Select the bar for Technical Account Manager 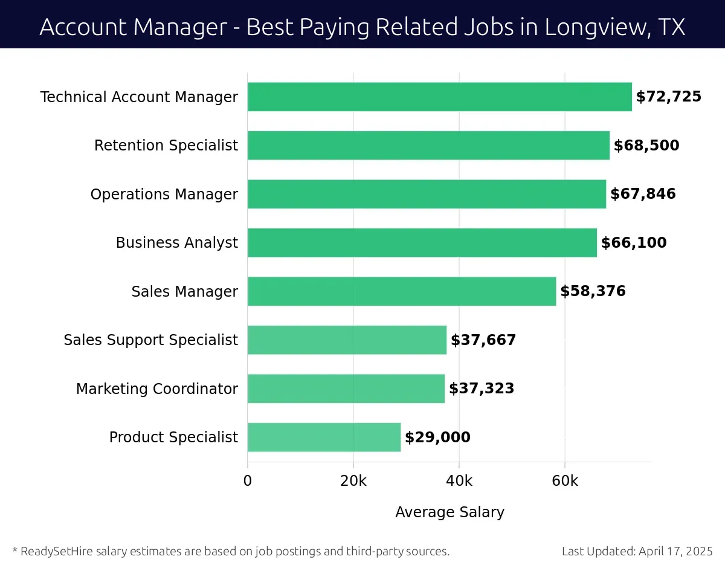coord(439,97)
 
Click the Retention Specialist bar coord(428,146)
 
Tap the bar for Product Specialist coord(324,437)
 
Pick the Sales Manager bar coord(401,291)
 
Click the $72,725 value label coord(668,97)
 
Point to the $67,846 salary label coord(643,194)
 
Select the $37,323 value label coord(482,389)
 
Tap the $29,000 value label coord(437,437)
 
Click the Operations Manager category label coord(164,195)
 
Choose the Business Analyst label coord(176,243)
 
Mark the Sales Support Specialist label coord(150,340)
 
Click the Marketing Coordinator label coord(156,389)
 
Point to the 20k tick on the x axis coord(353,482)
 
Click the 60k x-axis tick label coord(564,482)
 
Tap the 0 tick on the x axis coord(248,482)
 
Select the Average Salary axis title coord(449,512)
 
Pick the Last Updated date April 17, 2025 coord(675,551)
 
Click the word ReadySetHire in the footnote coord(54,551)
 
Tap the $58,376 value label coord(593,291)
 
